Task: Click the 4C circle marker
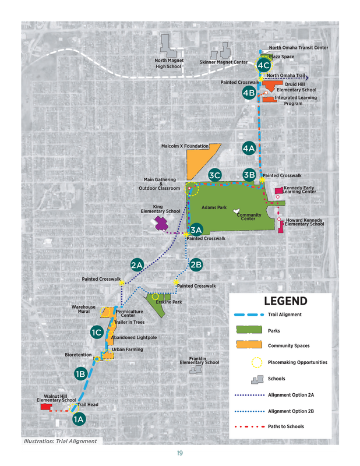click(263, 65)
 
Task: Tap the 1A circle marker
click(79, 418)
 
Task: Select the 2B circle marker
click(196, 264)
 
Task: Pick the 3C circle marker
click(214, 175)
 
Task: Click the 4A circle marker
click(249, 148)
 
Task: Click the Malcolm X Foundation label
click(185, 146)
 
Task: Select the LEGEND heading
click(285, 301)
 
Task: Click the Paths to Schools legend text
click(285, 426)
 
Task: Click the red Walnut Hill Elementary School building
click(45, 408)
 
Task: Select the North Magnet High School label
click(168, 63)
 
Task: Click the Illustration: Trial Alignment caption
click(59, 441)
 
